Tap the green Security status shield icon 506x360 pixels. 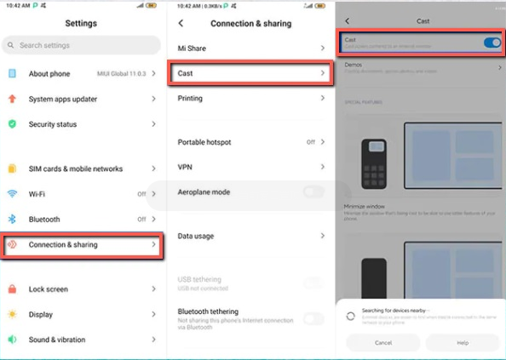tap(12, 124)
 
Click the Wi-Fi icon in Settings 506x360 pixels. tap(12, 194)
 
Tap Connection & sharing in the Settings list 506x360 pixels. tap(81, 245)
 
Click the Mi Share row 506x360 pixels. tap(251, 49)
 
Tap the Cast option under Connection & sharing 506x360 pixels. tap(251, 74)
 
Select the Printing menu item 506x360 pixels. tap(251, 99)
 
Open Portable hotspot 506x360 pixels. tap(251, 142)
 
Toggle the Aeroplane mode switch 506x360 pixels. tap(313, 192)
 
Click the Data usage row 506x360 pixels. tap(251, 236)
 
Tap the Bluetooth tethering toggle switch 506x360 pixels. tap(313, 318)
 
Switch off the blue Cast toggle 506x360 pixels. tap(492, 43)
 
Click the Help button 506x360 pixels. tap(463, 343)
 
